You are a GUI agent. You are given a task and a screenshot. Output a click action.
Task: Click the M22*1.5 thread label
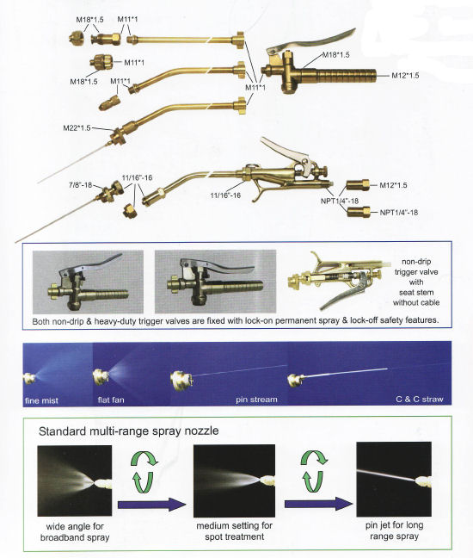[x=77, y=128]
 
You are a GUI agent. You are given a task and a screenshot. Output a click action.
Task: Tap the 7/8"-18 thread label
[x=80, y=185]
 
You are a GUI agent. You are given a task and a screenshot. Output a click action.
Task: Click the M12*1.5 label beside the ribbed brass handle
[x=405, y=76]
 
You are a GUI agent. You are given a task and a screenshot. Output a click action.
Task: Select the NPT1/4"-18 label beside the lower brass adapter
[x=399, y=213]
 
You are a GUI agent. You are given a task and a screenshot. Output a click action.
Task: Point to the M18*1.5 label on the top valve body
[x=335, y=55]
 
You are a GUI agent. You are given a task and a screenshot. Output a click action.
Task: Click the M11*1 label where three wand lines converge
[x=255, y=87]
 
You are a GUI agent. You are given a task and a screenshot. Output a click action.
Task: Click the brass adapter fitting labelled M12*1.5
[x=358, y=185]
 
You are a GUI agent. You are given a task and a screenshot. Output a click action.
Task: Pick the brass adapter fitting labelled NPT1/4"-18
[x=359, y=213]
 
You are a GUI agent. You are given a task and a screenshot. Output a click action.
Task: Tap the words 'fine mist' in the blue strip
[x=41, y=400]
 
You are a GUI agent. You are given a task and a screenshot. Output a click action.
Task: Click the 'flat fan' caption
[x=111, y=400]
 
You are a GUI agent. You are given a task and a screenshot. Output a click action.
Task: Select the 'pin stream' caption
[x=256, y=400]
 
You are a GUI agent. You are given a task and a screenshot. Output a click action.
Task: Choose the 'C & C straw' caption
[x=420, y=400]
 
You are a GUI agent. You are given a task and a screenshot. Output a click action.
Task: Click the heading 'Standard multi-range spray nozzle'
[x=128, y=431]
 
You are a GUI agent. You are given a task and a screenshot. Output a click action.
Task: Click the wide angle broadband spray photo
[x=75, y=480]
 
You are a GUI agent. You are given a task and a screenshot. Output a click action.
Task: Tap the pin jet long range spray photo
[x=394, y=479]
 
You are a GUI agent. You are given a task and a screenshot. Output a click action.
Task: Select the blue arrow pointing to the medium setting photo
[x=151, y=505]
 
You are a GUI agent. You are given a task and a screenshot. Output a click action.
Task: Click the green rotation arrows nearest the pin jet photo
[x=313, y=472]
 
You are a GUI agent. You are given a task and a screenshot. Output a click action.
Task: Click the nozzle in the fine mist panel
[x=30, y=377]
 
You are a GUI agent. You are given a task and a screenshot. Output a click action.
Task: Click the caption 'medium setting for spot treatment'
[x=234, y=531]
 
